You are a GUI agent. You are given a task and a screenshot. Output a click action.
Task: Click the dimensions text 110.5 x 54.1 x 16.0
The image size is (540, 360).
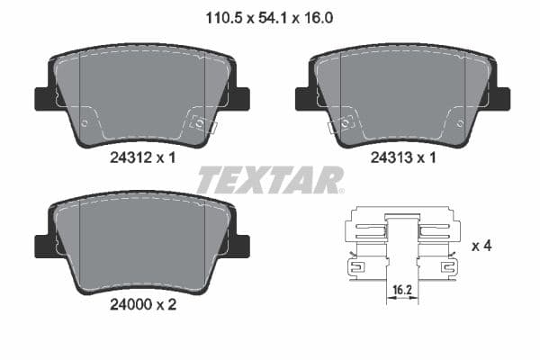[269, 15]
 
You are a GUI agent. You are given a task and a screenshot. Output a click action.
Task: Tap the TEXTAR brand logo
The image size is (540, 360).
[269, 180]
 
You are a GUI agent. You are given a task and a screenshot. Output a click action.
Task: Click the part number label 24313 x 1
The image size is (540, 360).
[403, 157]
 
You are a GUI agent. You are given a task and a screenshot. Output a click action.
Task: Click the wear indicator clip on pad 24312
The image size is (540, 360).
[202, 124]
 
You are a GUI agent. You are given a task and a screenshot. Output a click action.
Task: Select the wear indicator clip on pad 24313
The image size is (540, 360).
[343, 124]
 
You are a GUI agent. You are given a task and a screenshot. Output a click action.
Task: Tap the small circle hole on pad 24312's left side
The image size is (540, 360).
[84, 122]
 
